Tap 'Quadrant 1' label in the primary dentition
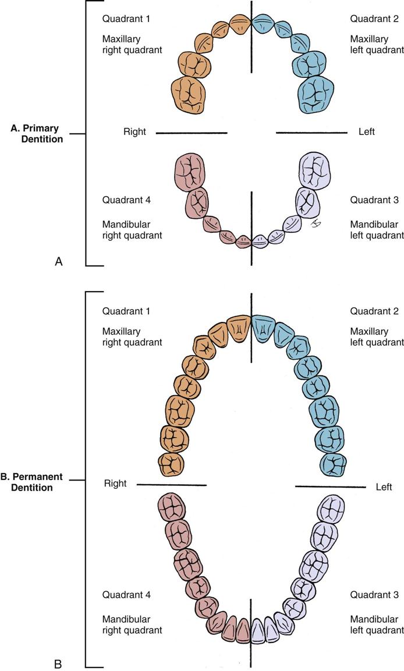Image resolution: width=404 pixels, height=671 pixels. pyautogui.click(x=126, y=19)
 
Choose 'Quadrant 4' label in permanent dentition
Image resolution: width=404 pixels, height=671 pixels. pyautogui.click(x=126, y=595)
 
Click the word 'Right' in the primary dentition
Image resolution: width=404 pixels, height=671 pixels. pyautogui.click(x=134, y=132)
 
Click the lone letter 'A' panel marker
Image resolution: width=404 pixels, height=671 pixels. pyautogui.click(x=58, y=262)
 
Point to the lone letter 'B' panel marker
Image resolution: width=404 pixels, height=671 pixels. pyautogui.click(x=58, y=663)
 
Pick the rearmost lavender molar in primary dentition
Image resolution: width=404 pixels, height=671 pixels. pyautogui.click(x=316, y=171)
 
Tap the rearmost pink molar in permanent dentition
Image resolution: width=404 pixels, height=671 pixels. pyautogui.click(x=172, y=509)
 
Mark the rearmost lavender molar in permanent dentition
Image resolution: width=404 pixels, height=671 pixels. pyautogui.click(x=332, y=509)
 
